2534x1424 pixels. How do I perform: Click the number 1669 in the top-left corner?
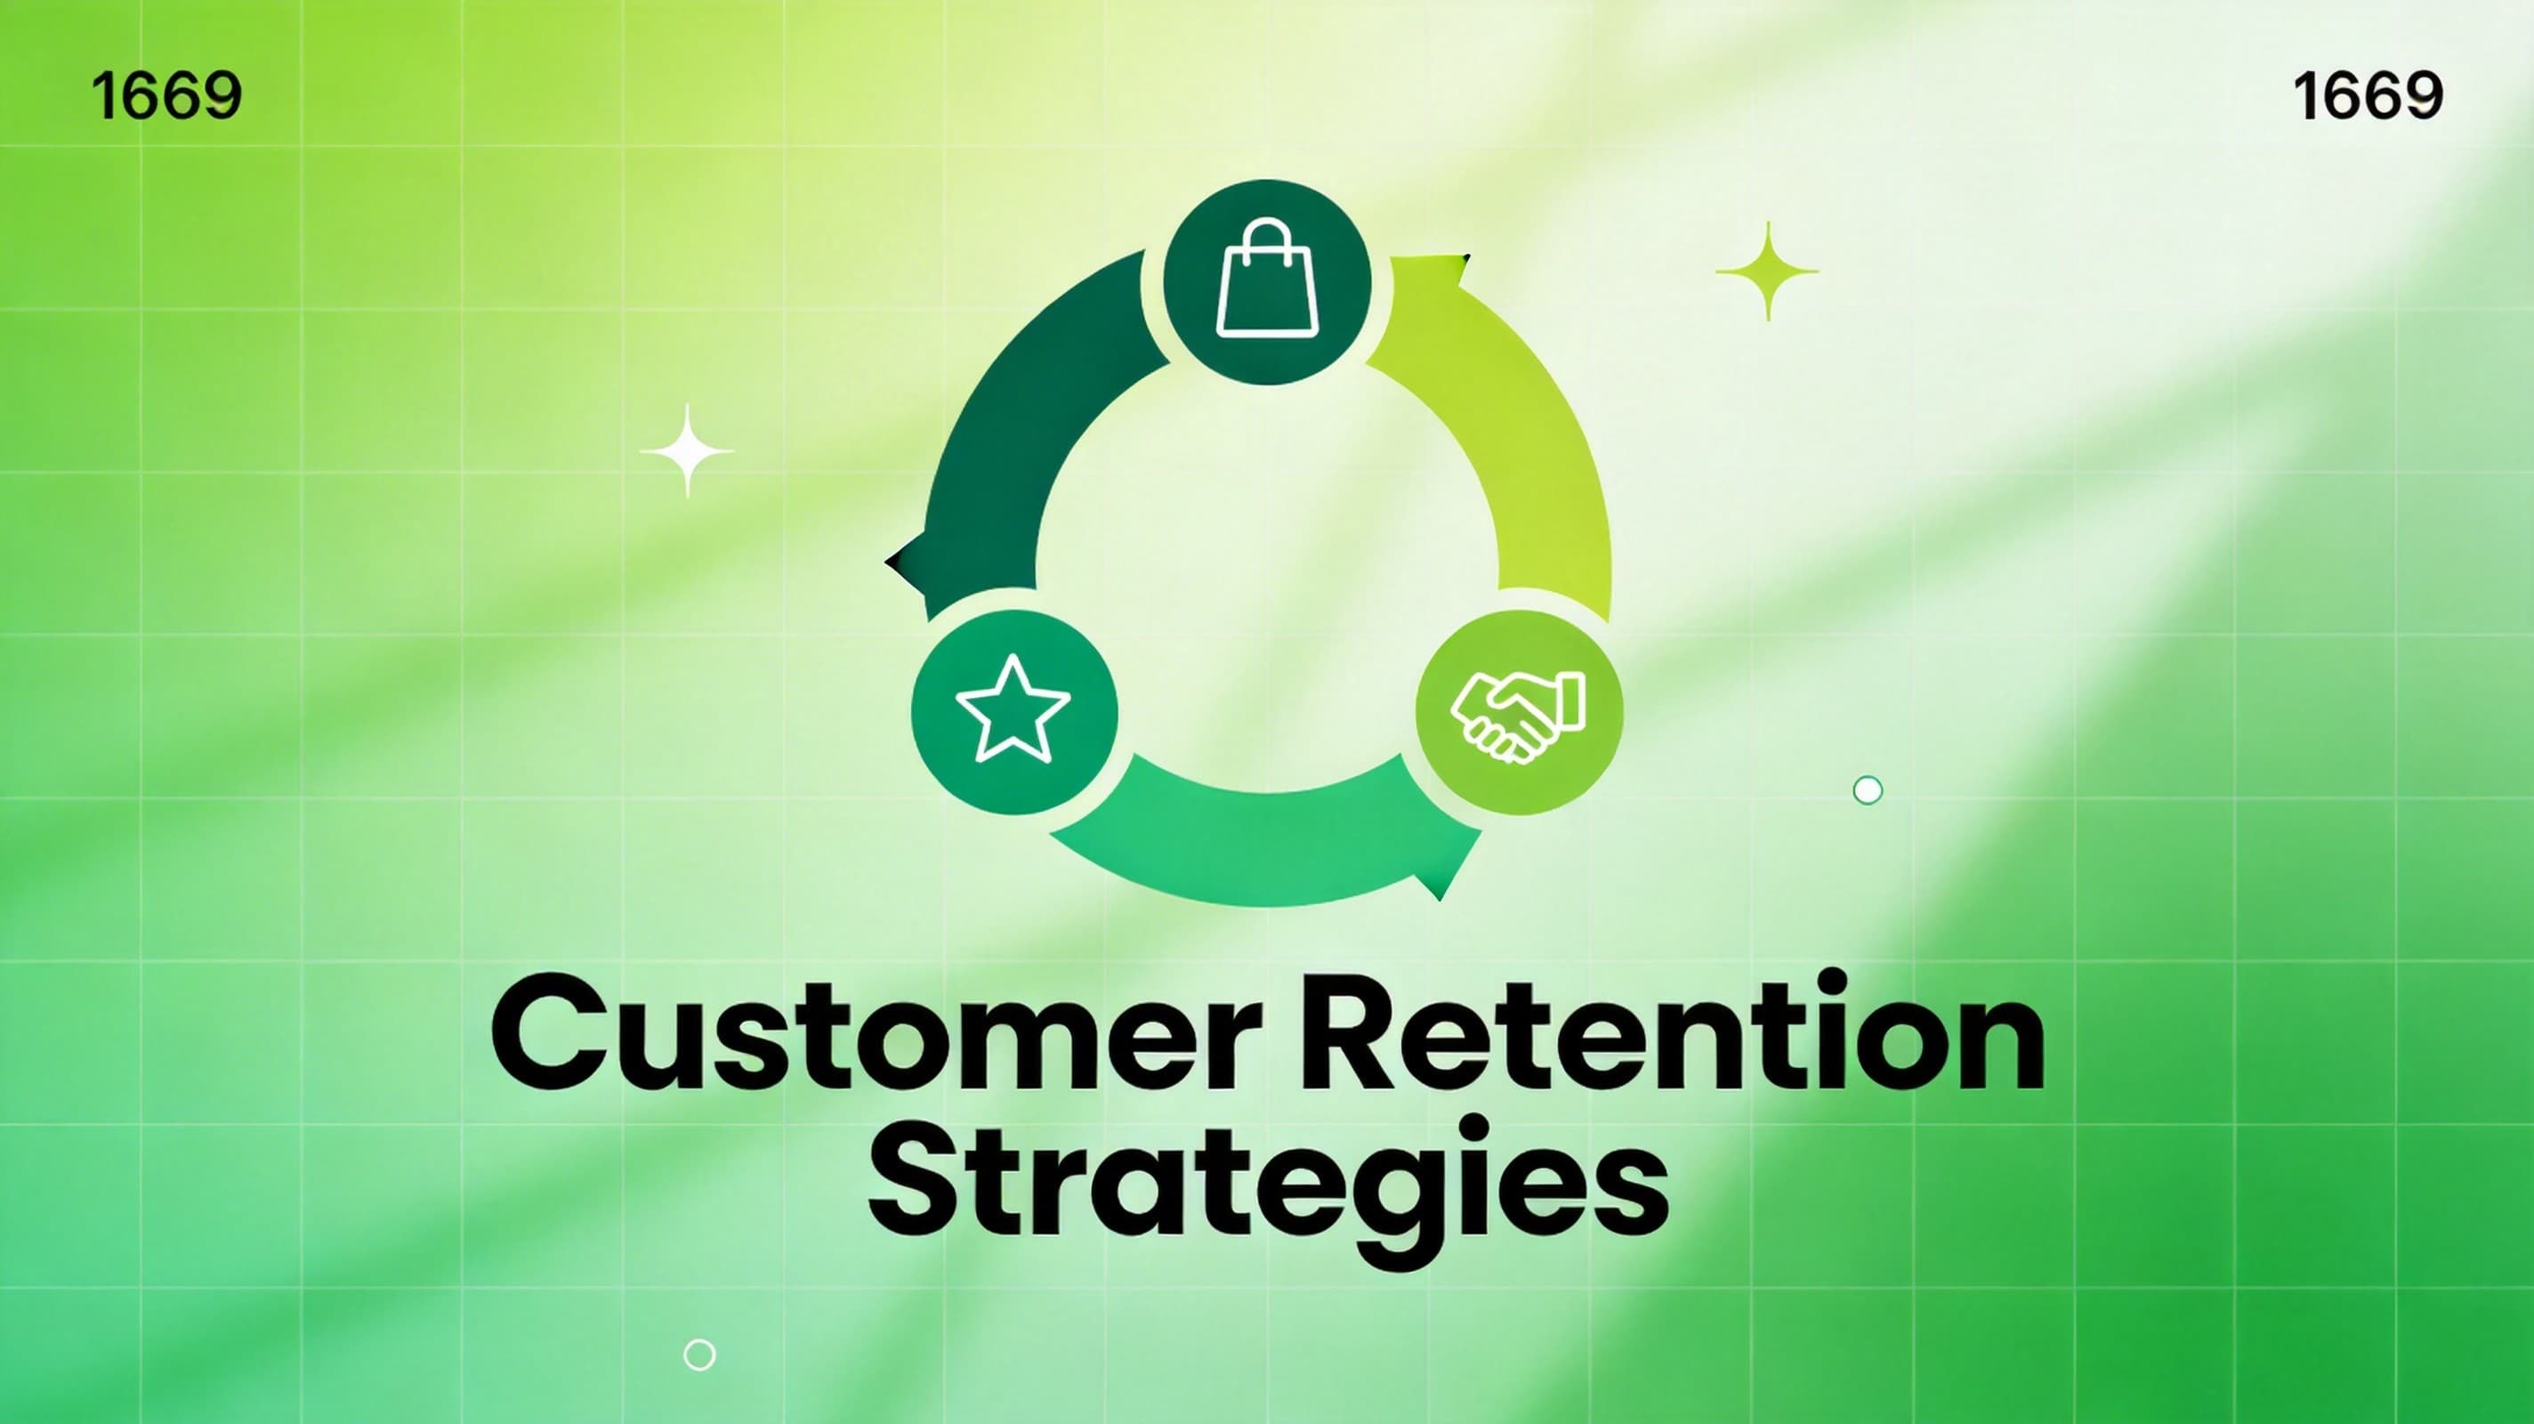point(165,96)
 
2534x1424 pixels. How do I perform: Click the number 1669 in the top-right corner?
point(2367,96)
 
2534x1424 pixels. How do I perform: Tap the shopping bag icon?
point(1267,281)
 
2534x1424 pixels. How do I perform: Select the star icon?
point(1013,710)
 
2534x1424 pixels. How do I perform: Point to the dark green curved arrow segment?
point(1013,443)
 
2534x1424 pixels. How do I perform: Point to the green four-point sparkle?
point(1768,271)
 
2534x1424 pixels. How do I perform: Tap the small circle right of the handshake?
point(1867,790)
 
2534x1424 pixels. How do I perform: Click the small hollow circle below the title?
point(699,1354)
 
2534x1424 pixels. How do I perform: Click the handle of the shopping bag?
point(1267,240)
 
